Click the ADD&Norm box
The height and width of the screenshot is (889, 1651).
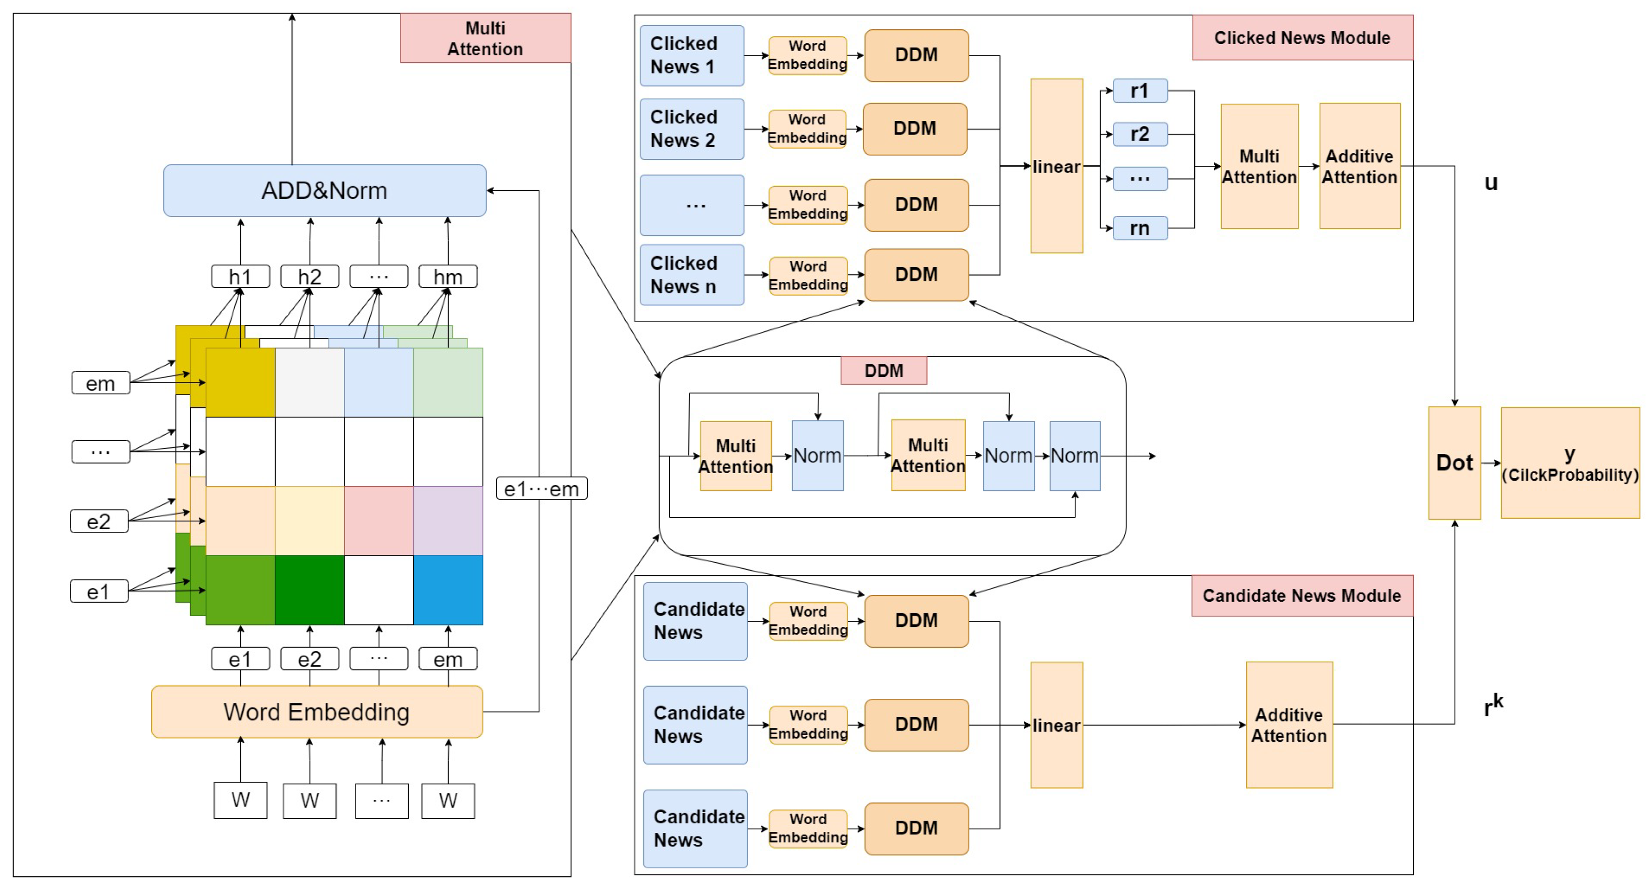pyautogui.click(x=324, y=190)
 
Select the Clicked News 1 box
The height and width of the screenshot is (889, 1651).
pyautogui.click(x=691, y=56)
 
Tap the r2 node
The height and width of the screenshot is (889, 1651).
pyautogui.click(x=1140, y=135)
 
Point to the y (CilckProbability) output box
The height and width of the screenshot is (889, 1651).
pyautogui.click(x=1570, y=463)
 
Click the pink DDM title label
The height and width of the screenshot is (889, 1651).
pyautogui.click(x=883, y=370)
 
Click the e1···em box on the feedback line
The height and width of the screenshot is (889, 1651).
pyautogui.click(x=542, y=489)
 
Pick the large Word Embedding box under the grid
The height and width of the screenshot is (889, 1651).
pyautogui.click(x=317, y=711)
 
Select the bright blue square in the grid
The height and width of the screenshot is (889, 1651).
pyautogui.click(x=448, y=589)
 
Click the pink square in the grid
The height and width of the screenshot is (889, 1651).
pyautogui.click(x=379, y=521)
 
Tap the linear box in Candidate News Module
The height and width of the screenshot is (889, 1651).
pyautogui.click(x=1056, y=725)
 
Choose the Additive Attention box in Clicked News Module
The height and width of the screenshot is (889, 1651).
pyautogui.click(x=1359, y=166)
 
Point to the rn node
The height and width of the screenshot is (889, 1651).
pyautogui.click(x=1140, y=228)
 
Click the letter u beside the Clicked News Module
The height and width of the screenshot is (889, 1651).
pyautogui.click(x=1491, y=183)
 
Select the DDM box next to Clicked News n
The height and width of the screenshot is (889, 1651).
pyautogui.click(x=916, y=274)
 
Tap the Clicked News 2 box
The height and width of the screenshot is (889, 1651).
pyautogui.click(x=691, y=129)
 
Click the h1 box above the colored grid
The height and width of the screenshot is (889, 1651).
pyautogui.click(x=240, y=277)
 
